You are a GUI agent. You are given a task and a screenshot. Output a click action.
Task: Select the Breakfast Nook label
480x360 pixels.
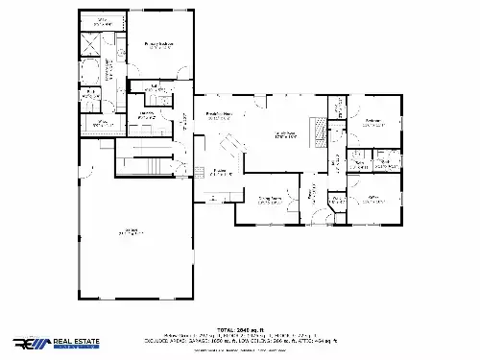[220, 117]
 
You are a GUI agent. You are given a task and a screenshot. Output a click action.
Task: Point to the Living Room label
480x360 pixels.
[284, 134]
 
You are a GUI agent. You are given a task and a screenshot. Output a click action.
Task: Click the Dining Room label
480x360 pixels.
[270, 200]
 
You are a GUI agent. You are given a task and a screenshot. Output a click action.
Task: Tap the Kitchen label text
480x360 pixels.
[220, 172]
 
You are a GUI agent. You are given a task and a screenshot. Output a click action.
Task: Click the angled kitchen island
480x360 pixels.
[231, 149]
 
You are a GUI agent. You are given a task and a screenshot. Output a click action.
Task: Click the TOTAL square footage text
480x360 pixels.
[239, 327]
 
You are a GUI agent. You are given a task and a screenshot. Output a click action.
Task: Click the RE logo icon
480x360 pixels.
[28, 344]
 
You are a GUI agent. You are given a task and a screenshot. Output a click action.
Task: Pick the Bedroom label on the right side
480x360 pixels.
[373, 121]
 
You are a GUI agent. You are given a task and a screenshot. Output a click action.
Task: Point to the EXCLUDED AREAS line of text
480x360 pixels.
[239, 340]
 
